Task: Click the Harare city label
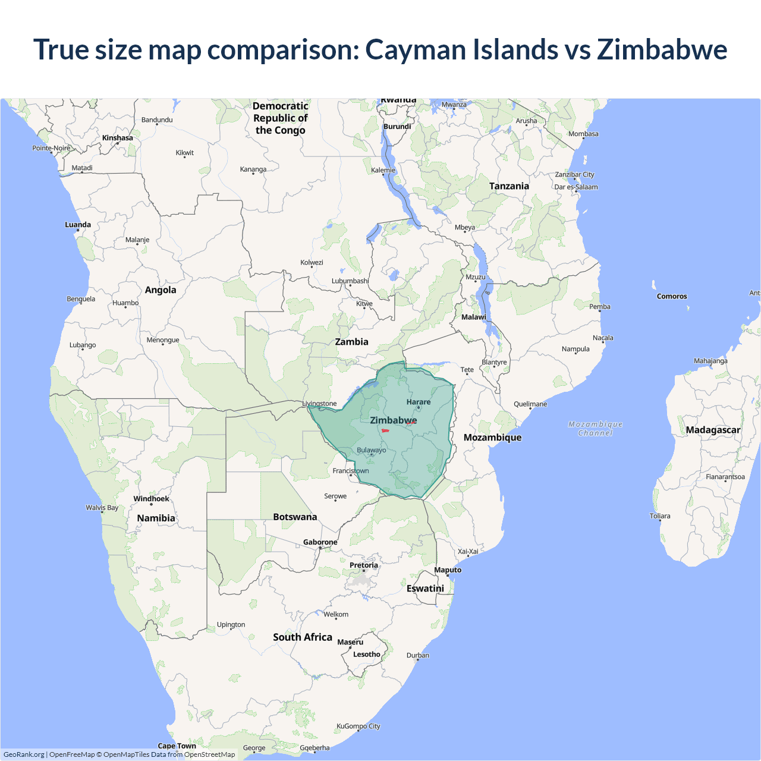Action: (419, 402)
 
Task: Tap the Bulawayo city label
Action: (371, 450)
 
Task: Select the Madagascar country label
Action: (713, 430)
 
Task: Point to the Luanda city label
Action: (78, 225)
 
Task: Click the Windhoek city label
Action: (151, 499)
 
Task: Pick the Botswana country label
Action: (295, 517)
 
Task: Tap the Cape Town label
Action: (177, 746)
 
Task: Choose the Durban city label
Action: (418, 655)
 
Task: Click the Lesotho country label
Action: (367, 654)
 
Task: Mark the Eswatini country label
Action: (425, 588)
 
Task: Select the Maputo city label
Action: (448, 570)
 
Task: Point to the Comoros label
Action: (672, 296)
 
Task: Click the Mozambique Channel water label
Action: (595, 428)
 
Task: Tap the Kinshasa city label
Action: (118, 138)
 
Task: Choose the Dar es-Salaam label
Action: (576, 187)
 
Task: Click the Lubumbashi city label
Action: (350, 281)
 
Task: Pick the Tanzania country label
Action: (509, 186)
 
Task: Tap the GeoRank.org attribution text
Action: (24, 754)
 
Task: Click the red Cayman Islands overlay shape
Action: (385, 430)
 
